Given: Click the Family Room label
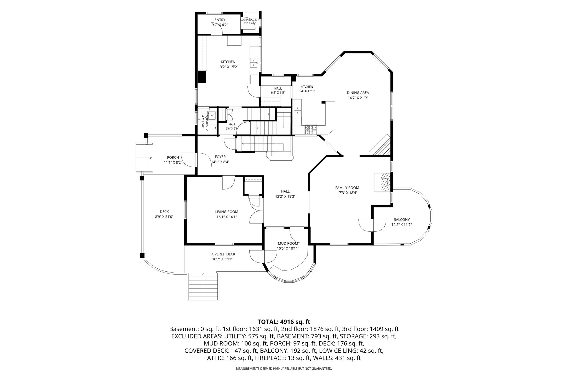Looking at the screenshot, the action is pyautogui.click(x=347, y=188).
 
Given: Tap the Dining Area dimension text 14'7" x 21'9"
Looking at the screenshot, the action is pyautogui.click(x=358, y=98).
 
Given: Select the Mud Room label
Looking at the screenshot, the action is pyautogui.click(x=288, y=244).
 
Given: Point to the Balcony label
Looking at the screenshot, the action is pyautogui.click(x=402, y=219).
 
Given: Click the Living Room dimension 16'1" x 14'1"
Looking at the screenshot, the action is pyautogui.click(x=227, y=217).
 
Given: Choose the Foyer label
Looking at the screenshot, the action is pyautogui.click(x=220, y=157).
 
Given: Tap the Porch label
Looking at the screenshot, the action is pyautogui.click(x=173, y=158).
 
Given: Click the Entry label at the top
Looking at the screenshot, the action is pyautogui.click(x=220, y=20).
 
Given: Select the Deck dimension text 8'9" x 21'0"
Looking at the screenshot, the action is pyautogui.click(x=164, y=217).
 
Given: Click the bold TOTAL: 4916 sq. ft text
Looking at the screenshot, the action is pyautogui.click(x=284, y=322).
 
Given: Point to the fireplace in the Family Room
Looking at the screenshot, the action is pyautogui.click(x=382, y=182).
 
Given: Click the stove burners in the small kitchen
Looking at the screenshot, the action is pyautogui.click(x=311, y=130).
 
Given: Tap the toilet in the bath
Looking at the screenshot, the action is pyautogui.click(x=212, y=128).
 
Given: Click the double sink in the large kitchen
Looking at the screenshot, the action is pyautogui.click(x=254, y=63).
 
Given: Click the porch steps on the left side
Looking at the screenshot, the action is pyautogui.click(x=144, y=158).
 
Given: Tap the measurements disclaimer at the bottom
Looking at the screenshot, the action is pyautogui.click(x=284, y=369).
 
